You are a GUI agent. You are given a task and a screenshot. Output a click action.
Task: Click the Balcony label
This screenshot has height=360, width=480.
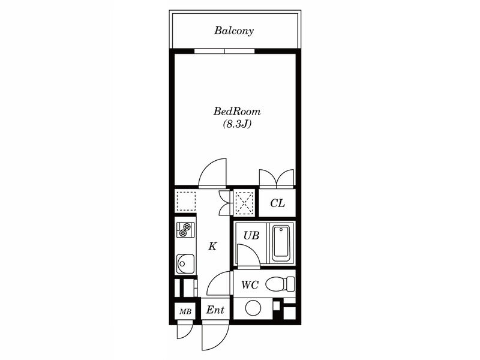[x=234, y=31]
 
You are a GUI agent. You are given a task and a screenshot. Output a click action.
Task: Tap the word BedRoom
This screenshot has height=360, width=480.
[x=237, y=111]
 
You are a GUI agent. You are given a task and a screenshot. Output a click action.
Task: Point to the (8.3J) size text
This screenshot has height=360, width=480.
[x=237, y=124]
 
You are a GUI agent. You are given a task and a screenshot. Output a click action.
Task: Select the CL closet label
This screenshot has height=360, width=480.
[x=277, y=203]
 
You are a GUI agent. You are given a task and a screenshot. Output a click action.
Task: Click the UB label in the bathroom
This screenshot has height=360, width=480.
[x=251, y=235]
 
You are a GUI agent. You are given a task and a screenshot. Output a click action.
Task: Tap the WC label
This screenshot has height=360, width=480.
[x=250, y=285]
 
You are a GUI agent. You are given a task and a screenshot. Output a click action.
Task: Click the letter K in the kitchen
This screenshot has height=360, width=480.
[x=212, y=246]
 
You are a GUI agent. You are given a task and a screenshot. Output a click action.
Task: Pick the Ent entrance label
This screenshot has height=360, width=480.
[x=215, y=310]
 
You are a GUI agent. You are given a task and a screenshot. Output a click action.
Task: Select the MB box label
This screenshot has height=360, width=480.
[x=185, y=311]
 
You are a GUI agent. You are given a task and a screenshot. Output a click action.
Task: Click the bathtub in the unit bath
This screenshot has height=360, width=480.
[x=281, y=242]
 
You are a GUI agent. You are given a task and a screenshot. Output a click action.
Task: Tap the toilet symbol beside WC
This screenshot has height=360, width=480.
[x=280, y=284]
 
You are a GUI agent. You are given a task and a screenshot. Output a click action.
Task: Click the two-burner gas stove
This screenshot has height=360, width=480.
[x=185, y=230]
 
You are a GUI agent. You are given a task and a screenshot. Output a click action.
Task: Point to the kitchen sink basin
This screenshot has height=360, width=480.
[x=185, y=263]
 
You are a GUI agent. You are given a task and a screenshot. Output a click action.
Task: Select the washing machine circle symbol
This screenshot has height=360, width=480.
[x=253, y=308]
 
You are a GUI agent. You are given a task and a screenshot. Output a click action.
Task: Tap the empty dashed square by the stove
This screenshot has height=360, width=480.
[x=186, y=201]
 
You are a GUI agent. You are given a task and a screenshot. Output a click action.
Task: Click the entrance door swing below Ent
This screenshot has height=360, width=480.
[x=215, y=337]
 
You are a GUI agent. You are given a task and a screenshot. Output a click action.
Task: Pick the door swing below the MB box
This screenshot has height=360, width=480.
[x=185, y=332]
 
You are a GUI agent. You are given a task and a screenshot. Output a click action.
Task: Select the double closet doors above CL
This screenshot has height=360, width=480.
[x=277, y=178]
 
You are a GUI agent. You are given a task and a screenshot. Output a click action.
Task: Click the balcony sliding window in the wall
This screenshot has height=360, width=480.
[x=224, y=51]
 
